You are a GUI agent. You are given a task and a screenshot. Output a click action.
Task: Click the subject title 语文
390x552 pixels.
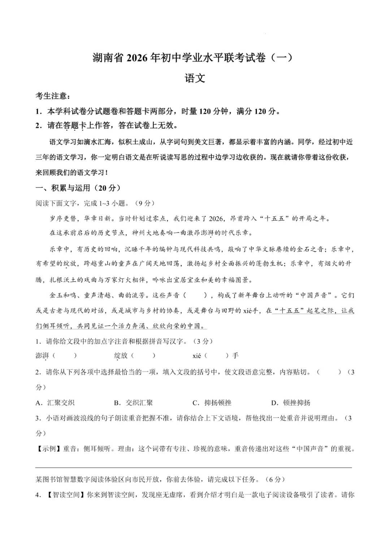coord(195,78)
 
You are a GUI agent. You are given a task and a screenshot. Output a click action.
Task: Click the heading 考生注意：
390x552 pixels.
coord(52,96)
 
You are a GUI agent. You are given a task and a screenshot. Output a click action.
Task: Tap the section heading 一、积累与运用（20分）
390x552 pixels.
coord(78,188)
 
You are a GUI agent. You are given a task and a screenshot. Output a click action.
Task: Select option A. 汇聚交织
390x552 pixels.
coord(55,403)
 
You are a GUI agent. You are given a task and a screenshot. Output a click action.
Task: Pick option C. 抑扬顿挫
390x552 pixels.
coord(212,403)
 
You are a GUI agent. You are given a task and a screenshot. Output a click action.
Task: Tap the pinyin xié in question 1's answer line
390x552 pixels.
coord(197,356)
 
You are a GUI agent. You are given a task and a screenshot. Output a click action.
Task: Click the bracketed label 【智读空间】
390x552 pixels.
coord(65,495)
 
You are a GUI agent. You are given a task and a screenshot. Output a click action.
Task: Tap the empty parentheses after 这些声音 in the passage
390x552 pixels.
coord(195,295)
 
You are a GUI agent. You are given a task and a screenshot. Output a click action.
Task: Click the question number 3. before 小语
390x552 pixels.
coord(38,418)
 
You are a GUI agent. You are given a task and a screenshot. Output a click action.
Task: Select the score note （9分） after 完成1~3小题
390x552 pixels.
coord(144,203)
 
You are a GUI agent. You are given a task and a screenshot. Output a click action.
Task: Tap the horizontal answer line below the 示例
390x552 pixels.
coord(194,467)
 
